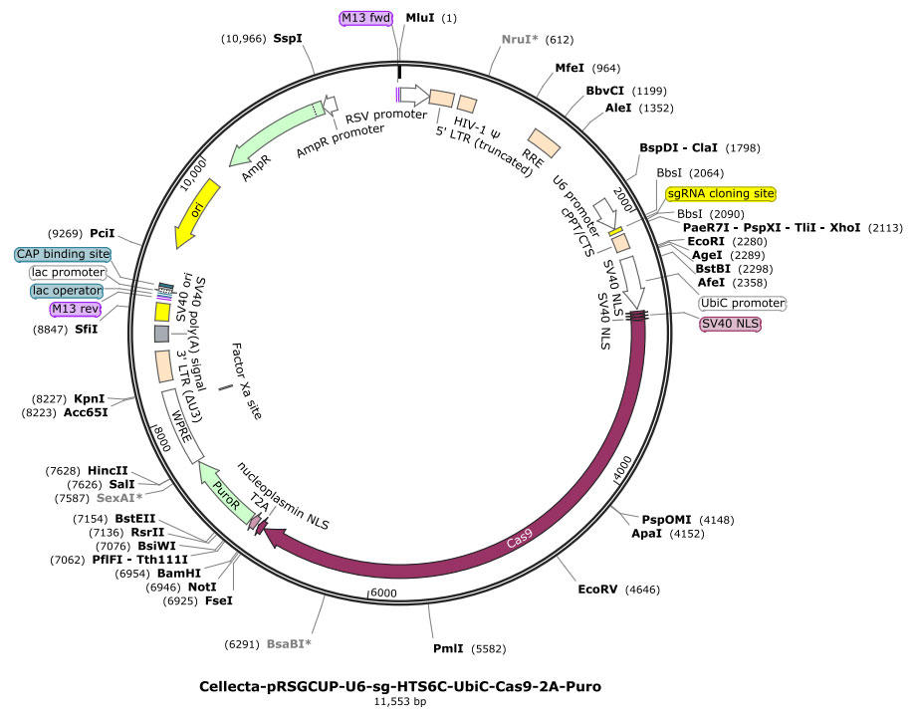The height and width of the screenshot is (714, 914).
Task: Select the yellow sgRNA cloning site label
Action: [722, 193]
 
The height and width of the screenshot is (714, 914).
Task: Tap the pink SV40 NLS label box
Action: [730, 324]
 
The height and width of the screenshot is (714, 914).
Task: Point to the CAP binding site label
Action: [62, 254]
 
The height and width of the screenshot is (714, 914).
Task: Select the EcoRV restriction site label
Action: [600, 590]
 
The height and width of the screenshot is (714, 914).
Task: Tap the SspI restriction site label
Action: [288, 39]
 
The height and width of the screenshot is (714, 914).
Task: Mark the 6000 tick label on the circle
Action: [384, 594]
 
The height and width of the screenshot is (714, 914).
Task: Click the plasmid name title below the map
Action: [400, 686]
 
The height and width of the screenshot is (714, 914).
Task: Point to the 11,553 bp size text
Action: [400, 702]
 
